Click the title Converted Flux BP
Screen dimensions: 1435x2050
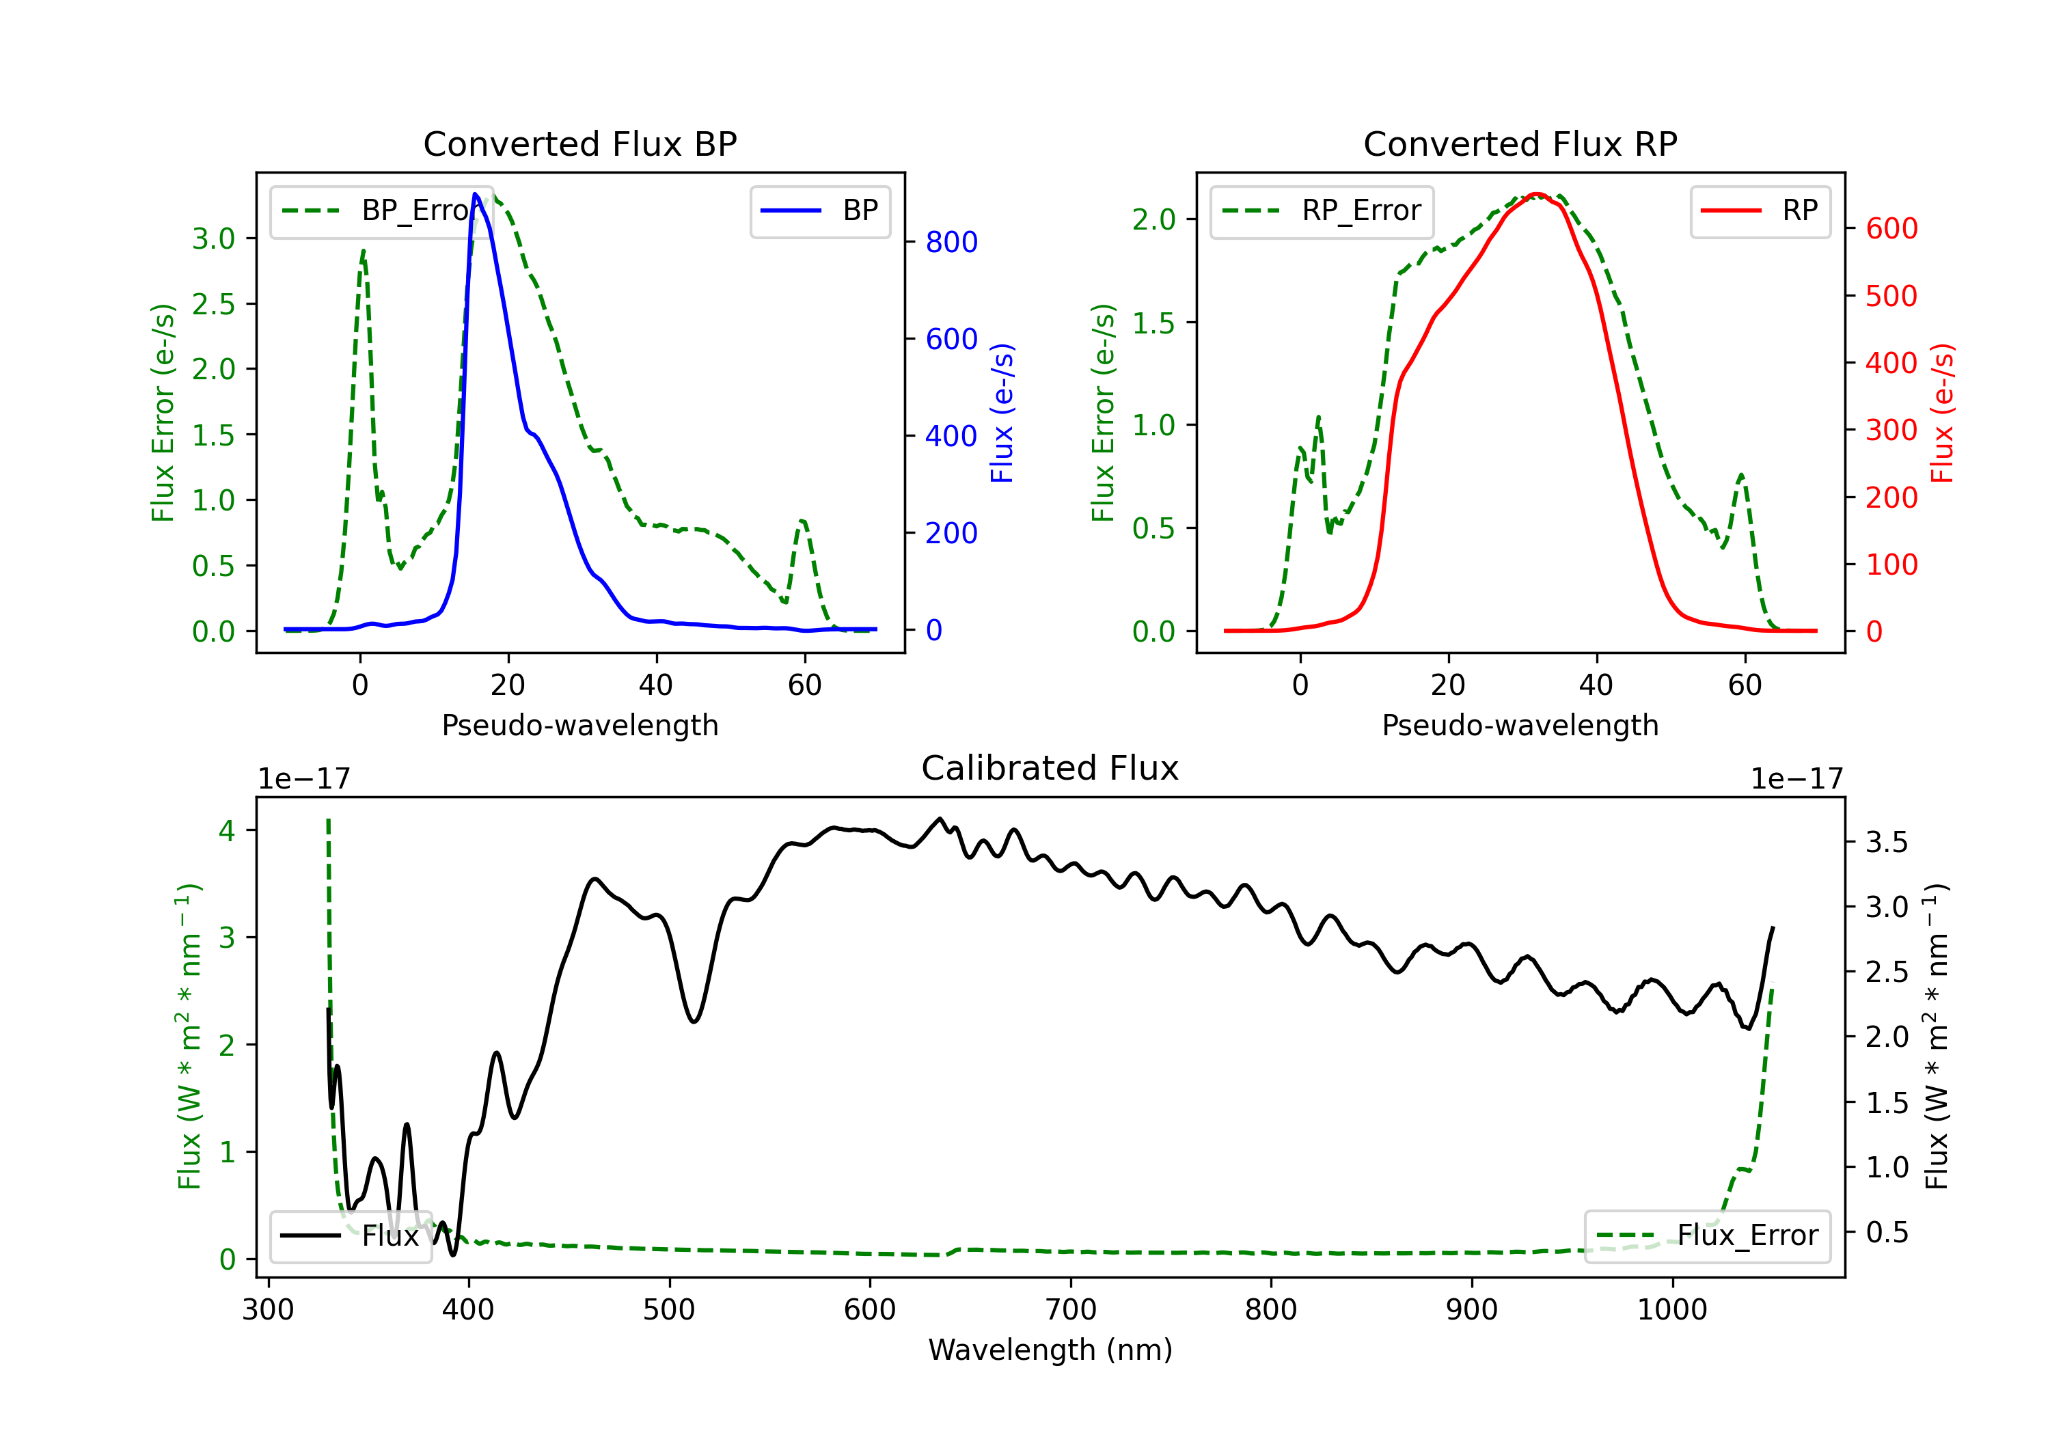579,143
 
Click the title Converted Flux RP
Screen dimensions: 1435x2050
1520,143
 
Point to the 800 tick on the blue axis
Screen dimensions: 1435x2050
951,242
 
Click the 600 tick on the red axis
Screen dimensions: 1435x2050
1891,229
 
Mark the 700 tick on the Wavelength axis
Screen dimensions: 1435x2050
1071,1309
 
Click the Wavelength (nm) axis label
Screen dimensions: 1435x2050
1050,1350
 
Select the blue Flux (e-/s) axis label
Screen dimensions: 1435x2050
1002,413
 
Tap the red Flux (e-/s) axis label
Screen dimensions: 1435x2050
1942,413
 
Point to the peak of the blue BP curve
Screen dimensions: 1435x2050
475,194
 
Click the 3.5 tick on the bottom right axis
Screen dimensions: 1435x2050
1886,842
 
